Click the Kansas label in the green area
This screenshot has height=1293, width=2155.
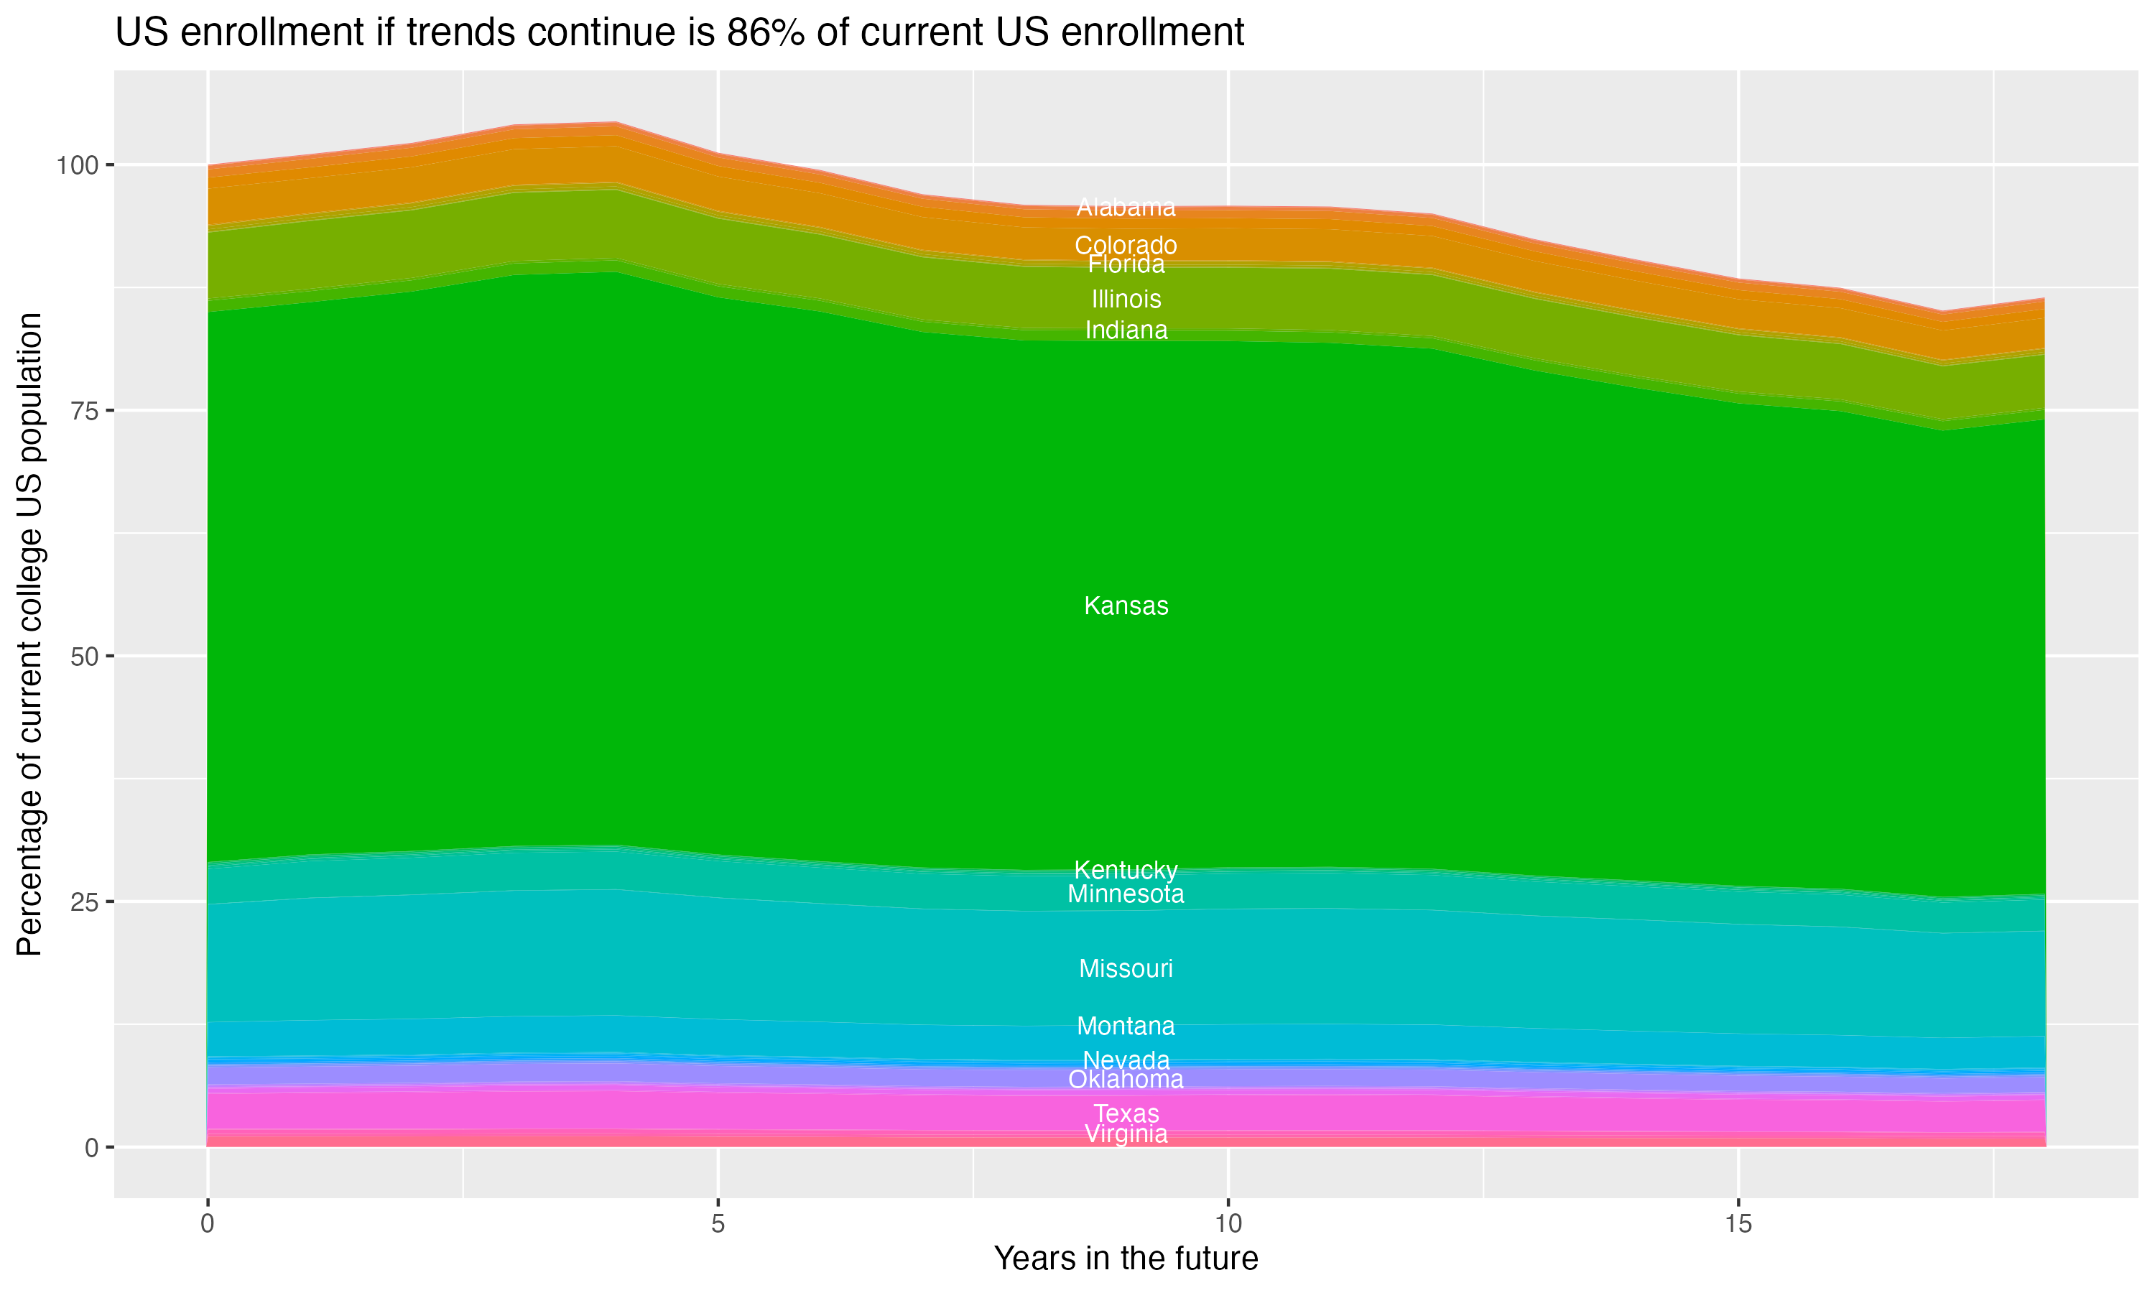pos(1126,606)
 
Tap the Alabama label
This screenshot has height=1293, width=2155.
pos(1126,208)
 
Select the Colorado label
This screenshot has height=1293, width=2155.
pos(1126,245)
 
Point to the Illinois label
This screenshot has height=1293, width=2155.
pos(1126,299)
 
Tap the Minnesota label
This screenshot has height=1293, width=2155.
pos(1126,894)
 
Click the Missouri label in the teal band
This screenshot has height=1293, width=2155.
pos(1126,968)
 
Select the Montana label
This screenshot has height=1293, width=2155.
pos(1126,1026)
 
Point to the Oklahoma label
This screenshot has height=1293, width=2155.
pos(1126,1080)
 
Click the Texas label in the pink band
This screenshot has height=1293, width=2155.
pos(1126,1113)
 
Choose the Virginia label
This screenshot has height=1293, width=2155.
pos(1126,1134)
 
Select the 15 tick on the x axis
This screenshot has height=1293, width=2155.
pos(1738,1224)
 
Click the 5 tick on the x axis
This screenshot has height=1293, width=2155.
pos(718,1224)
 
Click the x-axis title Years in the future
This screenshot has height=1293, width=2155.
pos(1126,1258)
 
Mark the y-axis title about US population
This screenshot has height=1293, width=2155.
pos(29,634)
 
